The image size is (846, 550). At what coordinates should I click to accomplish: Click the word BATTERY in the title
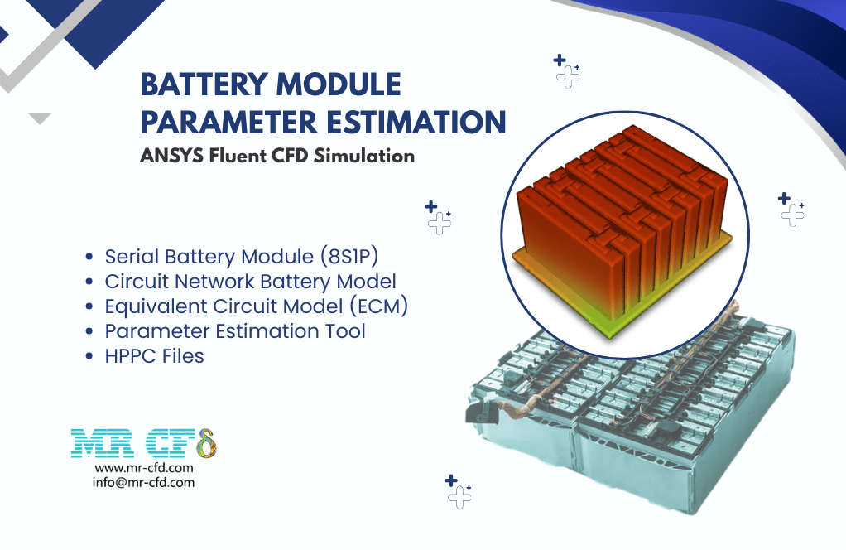coord(204,84)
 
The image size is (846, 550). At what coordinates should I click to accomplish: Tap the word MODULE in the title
coord(339,84)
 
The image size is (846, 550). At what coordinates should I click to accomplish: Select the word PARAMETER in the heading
coord(229,122)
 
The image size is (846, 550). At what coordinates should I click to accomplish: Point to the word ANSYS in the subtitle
coord(171,156)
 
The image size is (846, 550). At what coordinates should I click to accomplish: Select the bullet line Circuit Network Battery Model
coord(250,282)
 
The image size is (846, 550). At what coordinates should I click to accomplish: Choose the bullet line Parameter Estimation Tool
coord(235,330)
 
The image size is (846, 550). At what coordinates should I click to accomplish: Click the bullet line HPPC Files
coord(154,356)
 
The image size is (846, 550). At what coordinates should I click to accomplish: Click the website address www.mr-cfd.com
coord(143,468)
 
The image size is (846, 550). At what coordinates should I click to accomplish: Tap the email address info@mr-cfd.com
coord(143,483)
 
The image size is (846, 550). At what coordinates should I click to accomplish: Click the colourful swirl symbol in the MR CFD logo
coord(207,443)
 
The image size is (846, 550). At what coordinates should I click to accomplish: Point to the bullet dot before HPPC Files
coord(89,357)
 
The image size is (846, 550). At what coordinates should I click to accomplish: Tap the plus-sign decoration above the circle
coord(566,70)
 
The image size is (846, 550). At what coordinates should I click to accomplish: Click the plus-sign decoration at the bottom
coord(459,491)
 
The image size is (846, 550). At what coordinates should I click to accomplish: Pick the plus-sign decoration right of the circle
coord(791,209)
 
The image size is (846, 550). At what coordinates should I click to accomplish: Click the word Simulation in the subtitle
coord(364,156)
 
